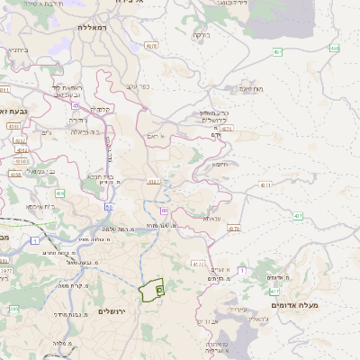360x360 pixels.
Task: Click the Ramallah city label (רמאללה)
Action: tap(93, 28)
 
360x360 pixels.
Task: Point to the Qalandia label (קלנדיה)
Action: tap(101, 110)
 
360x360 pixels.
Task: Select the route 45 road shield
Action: tap(76, 104)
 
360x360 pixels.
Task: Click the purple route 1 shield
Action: tap(165, 210)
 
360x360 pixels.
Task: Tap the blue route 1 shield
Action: tap(34, 240)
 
